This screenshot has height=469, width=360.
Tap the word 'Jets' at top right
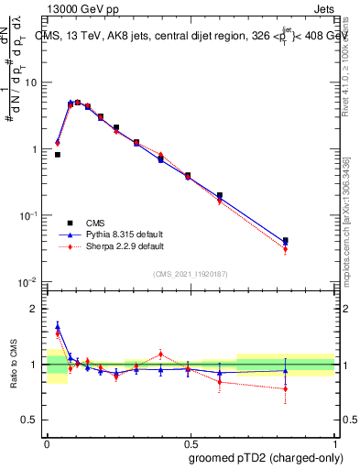tap(323, 7)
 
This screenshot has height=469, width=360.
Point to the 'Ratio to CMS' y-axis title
tap(12, 365)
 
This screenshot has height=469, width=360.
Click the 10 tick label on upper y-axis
tap(30, 82)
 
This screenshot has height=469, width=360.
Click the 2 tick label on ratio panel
tap(34, 309)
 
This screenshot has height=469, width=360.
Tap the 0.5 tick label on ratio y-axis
tap(30, 420)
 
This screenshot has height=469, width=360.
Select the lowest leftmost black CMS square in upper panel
tap(58, 155)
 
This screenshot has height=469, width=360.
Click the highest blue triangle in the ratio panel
tap(58, 326)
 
